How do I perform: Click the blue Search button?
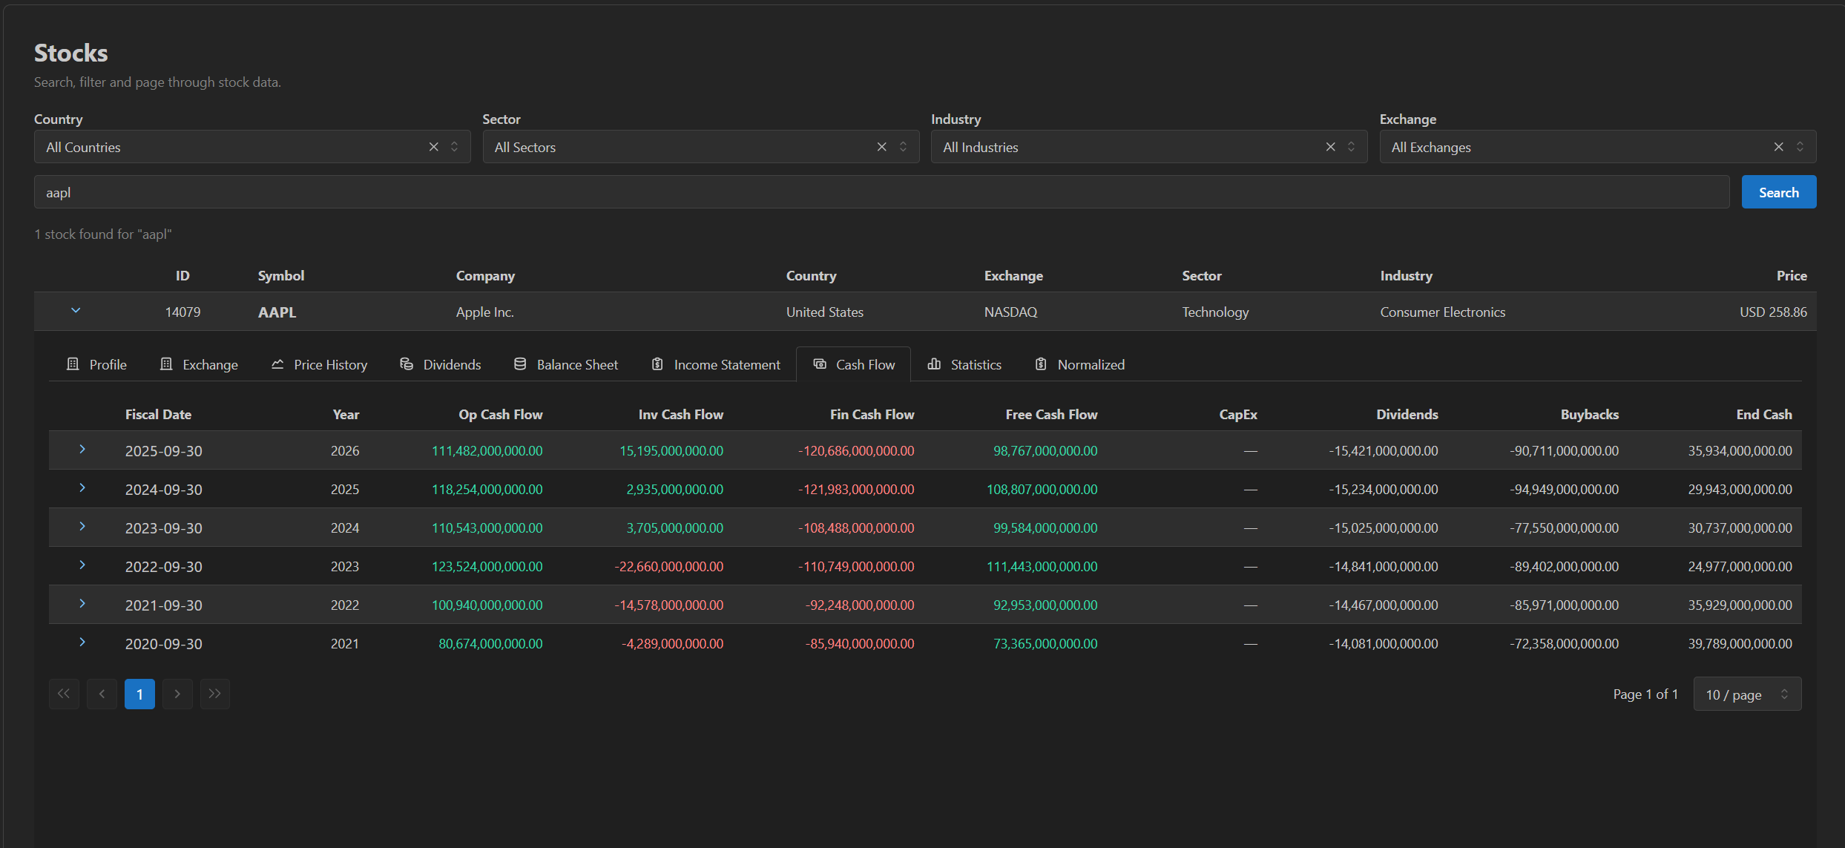point(1778,192)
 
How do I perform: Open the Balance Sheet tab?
point(566,364)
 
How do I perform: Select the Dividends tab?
point(441,364)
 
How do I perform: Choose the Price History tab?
point(319,364)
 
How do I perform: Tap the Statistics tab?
point(964,364)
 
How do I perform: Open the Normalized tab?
point(1080,364)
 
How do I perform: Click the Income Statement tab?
point(716,364)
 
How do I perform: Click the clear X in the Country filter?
point(434,147)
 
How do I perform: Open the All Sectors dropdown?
point(700,147)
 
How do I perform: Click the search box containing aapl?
point(881,192)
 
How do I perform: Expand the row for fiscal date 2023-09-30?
point(82,527)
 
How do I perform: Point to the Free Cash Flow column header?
point(1051,415)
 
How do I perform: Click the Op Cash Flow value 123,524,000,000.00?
point(487,567)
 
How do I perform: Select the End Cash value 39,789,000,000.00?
point(1740,644)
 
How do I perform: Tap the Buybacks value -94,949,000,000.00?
point(1564,490)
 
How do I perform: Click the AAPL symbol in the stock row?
point(277,312)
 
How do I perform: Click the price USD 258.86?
point(1773,312)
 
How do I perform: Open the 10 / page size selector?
point(1747,694)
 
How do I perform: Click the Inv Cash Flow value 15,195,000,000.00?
point(671,451)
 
